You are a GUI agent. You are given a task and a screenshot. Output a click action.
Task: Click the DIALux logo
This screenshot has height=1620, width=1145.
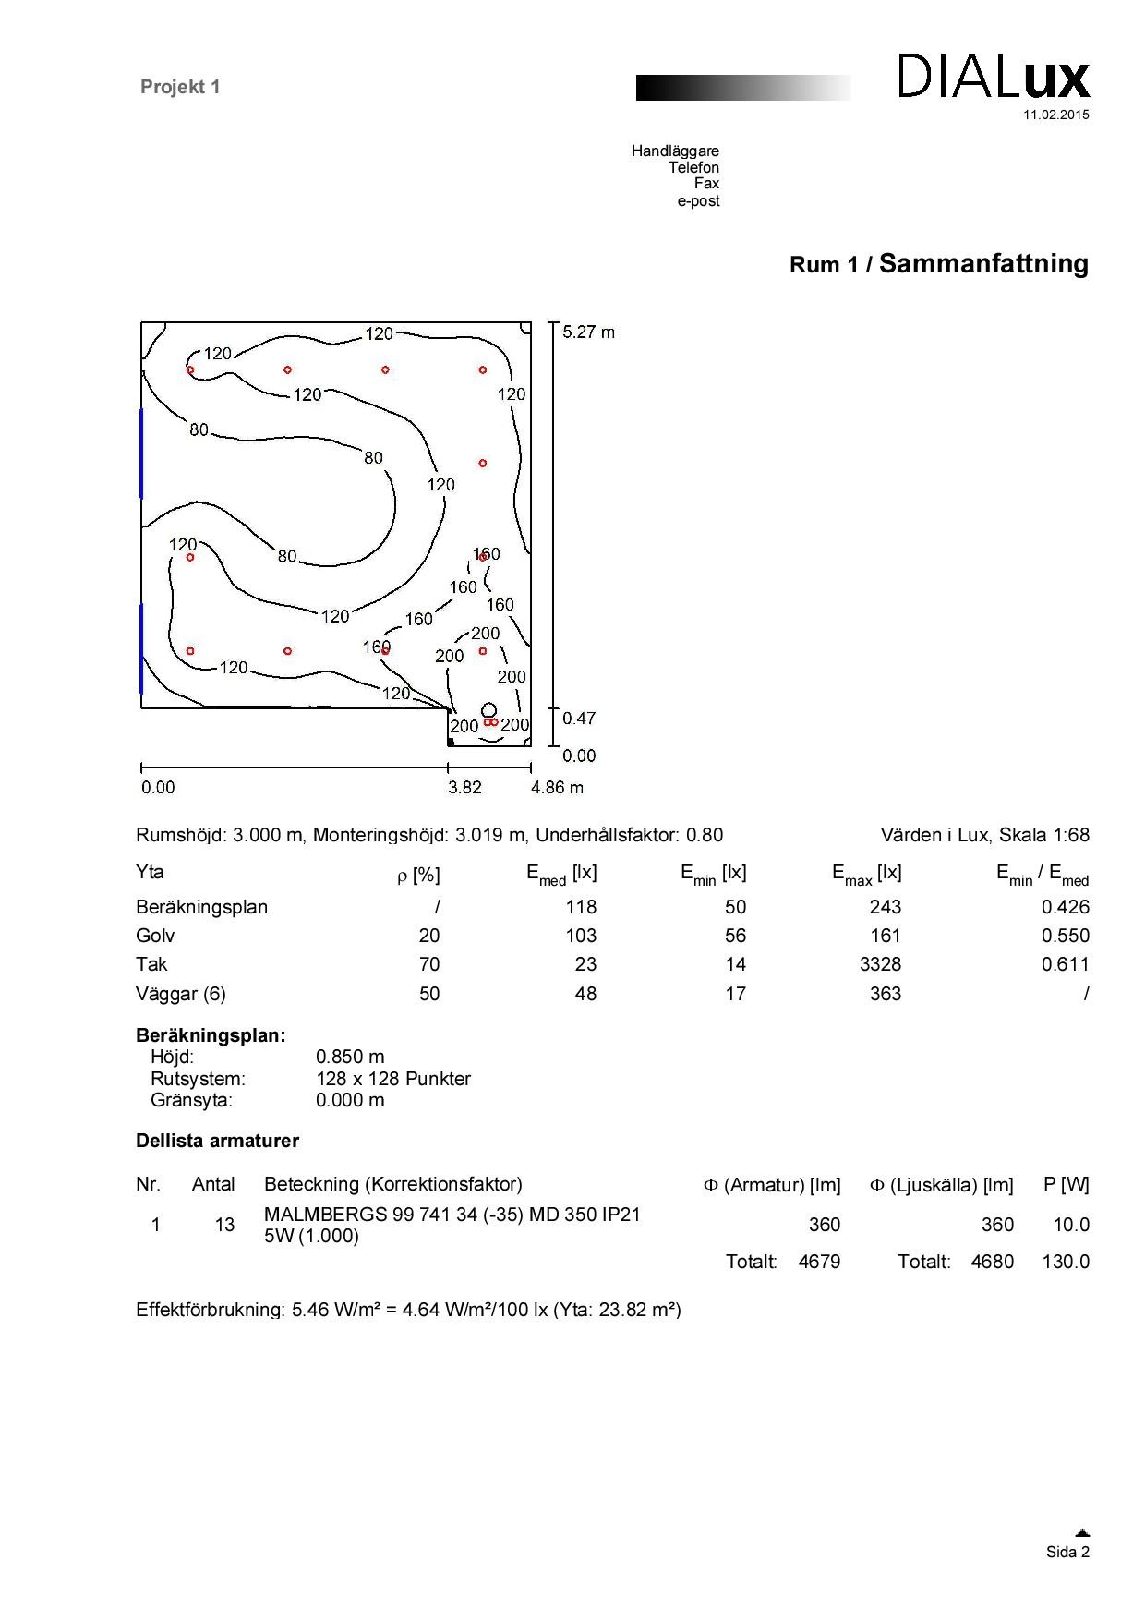pos(994,77)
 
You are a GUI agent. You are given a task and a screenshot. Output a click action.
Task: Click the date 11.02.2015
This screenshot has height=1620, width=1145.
pos(1055,115)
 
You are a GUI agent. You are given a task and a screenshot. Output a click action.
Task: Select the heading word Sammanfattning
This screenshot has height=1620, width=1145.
pos(983,264)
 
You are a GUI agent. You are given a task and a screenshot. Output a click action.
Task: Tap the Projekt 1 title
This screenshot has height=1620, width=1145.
pos(180,87)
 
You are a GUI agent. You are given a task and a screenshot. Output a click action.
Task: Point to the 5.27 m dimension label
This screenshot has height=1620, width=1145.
pos(588,332)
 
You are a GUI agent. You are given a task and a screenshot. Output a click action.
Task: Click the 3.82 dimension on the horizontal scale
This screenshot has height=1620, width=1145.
pos(464,788)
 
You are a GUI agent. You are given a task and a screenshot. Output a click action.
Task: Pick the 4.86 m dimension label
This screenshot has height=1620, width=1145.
pos(557,788)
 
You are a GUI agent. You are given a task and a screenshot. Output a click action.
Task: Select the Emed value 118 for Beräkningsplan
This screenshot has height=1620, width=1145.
pos(581,907)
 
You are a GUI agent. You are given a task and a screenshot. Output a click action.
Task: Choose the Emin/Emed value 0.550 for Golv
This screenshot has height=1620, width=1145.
pos(1065,936)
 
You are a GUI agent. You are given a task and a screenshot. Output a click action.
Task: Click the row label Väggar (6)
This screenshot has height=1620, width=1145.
pos(181,994)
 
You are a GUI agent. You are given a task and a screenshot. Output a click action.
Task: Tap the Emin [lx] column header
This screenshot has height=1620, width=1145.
pos(713,874)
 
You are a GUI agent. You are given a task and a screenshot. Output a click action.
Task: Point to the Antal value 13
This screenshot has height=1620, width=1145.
pos(224,1225)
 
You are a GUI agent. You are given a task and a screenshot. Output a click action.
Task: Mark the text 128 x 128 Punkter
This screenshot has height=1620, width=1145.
pos(393,1079)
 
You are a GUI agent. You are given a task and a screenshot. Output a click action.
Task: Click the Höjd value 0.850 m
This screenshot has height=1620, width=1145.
pos(350,1057)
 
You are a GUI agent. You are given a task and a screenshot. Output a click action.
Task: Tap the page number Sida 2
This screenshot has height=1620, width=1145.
pos(1067,1552)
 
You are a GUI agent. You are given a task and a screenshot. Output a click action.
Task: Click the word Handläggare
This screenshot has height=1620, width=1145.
pos(675,151)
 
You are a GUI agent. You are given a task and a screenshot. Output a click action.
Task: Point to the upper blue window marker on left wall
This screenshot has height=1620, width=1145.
pos(141,453)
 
